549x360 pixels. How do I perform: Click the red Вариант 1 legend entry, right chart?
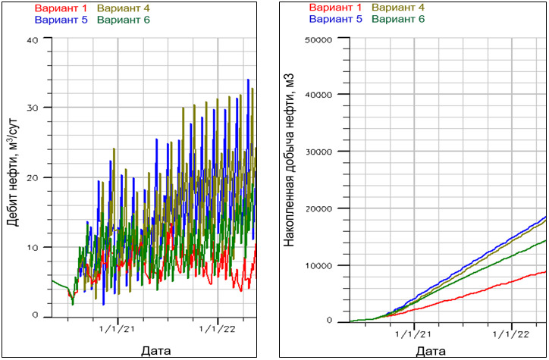click(334, 8)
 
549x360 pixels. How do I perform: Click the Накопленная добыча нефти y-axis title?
click(289, 177)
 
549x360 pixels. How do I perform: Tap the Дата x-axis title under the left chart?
click(155, 350)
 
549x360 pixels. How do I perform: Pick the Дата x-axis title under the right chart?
click(431, 351)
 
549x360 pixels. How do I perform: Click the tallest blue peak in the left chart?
click(248, 80)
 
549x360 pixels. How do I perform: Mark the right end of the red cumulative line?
click(546, 271)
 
